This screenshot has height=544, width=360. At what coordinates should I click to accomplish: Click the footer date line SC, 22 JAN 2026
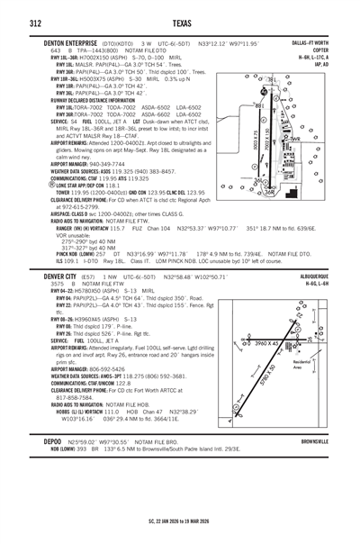pos(180,520)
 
